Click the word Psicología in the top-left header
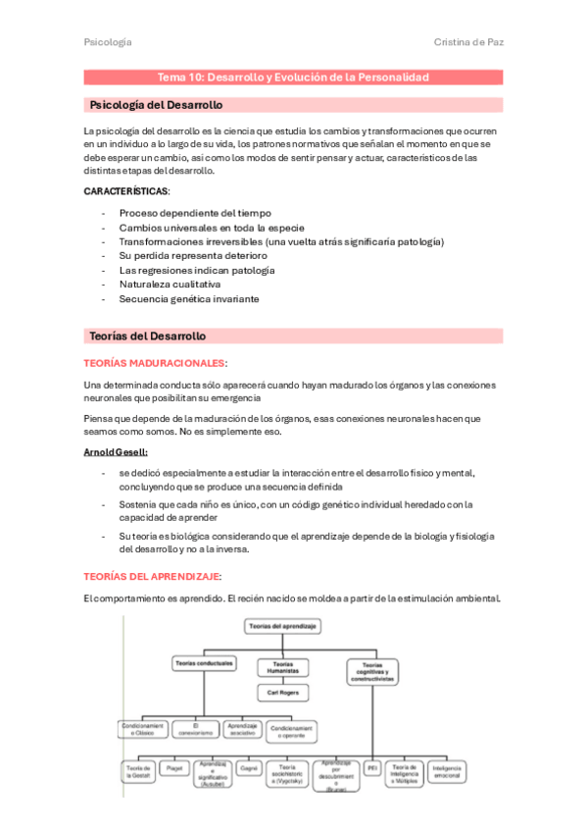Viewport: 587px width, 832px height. (108, 42)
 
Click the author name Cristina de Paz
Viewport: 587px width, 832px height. (467, 42)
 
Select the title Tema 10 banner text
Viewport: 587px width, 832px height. (293, 78)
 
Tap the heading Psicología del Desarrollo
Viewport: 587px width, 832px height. (156, 105)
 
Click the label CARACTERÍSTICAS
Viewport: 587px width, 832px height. (126, 190)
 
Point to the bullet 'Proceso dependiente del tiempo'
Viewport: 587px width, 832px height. (195, 213)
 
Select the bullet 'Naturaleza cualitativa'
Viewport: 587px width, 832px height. (170, 285)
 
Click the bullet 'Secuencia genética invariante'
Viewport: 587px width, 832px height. (189, 299)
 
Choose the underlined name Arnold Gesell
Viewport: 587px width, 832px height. (116, 451)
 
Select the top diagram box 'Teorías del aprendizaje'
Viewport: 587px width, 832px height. (282, 625)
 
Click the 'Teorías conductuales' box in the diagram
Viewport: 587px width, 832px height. (204, 664)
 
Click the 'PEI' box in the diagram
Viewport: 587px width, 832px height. (372, 768)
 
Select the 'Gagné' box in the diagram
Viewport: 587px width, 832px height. (249, 768)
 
